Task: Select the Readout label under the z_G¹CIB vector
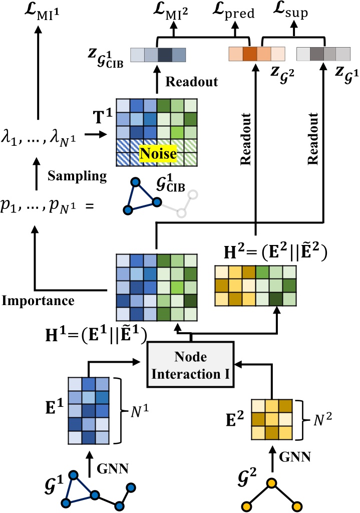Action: [x=192, y=82]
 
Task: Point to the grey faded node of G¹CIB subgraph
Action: [x=182, y=213]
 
